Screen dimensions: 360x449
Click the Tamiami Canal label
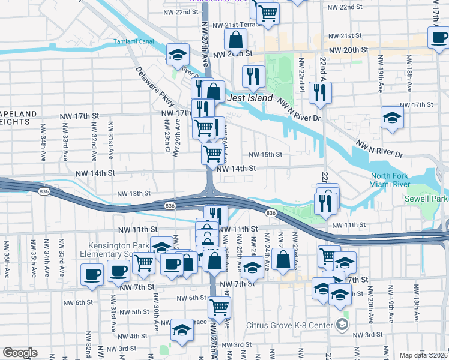coord(133,42)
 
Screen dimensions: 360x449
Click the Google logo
coord(20,353)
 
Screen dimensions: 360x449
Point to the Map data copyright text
coord(423,355)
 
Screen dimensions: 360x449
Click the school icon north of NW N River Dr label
coord(391,116)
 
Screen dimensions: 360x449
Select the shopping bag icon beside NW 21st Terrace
coord(237,40)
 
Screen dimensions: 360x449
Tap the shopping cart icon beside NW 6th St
coord(219,307)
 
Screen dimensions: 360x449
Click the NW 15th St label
coord(265,155)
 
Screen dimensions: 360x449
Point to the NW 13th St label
coord(133,194)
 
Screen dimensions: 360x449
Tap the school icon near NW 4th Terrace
coord(181,329)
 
